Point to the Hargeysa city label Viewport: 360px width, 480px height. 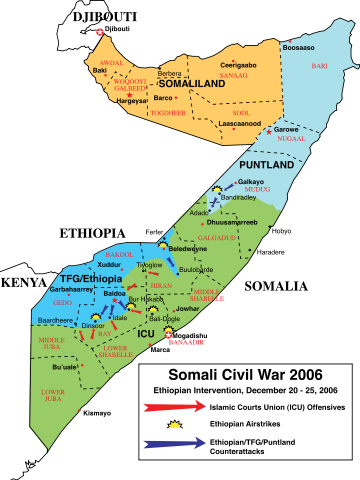point(133,101)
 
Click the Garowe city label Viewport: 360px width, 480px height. point(287,129)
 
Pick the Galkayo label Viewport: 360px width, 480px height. point(250,181)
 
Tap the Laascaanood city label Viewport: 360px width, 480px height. point(240,123)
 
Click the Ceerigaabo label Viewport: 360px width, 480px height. point(239,65)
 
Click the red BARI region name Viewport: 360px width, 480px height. point(319,65)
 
